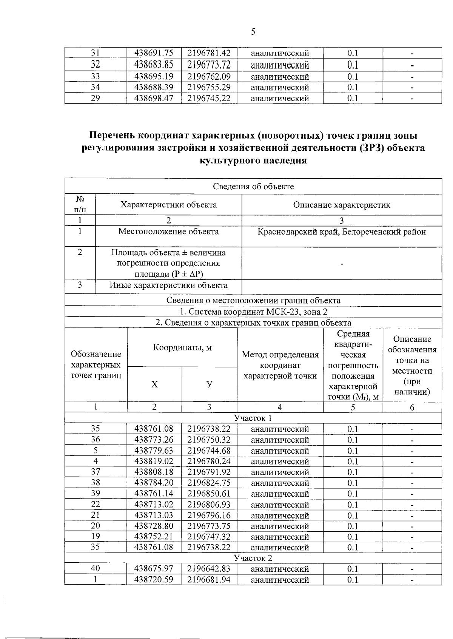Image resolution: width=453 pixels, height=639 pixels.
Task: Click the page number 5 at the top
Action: pos(253,32)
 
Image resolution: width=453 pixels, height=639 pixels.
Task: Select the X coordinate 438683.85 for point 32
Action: pos(154,65)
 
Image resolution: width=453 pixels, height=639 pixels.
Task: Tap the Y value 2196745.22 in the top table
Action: pos(209,98)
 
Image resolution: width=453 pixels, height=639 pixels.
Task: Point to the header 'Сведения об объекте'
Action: pos(253,186)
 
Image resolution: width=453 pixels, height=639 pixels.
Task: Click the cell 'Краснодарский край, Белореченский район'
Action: pos(341,232)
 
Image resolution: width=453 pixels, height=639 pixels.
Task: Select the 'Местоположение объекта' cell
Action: pos(168,232)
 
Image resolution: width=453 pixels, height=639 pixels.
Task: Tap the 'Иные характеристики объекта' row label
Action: pos(168,285)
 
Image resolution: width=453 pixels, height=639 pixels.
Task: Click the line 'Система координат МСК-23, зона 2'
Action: pos(253,312)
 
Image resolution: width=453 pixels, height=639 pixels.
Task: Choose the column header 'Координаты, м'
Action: pos(182,347)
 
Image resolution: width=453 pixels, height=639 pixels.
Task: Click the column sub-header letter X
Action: pos(154,384)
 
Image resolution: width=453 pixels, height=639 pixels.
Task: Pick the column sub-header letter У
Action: pos(209,384)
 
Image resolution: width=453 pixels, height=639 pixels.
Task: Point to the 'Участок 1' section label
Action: pos(253,418)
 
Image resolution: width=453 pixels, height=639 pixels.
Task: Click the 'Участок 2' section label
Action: pos(253,558)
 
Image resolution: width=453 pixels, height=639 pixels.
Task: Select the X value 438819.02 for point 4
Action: pos(154,461)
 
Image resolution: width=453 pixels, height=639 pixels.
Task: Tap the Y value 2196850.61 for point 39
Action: pos(209,494)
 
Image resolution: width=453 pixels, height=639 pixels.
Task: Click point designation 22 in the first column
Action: pos(96,504)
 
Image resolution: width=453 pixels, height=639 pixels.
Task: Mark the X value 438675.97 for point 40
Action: pos(154,569)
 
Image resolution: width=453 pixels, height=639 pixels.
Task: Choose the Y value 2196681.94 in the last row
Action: pos(209,579)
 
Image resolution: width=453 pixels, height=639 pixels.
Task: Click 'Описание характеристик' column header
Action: pos(341,205)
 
